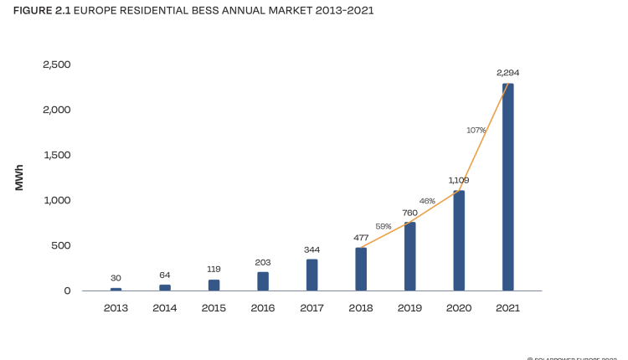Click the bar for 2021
(507, 187)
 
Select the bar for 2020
(459, 240)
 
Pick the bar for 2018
(361, 269)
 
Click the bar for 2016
(263, 281)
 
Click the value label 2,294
(507, 73)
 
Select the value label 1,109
(459, 180)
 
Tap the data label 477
(361, 238)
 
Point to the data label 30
(116, 279)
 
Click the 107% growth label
(476, 130)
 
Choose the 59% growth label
(383, 226)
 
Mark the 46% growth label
(427, 201)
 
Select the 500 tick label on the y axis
(61, 245)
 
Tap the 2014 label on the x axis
(165, 308)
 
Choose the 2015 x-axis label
(214, 308)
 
